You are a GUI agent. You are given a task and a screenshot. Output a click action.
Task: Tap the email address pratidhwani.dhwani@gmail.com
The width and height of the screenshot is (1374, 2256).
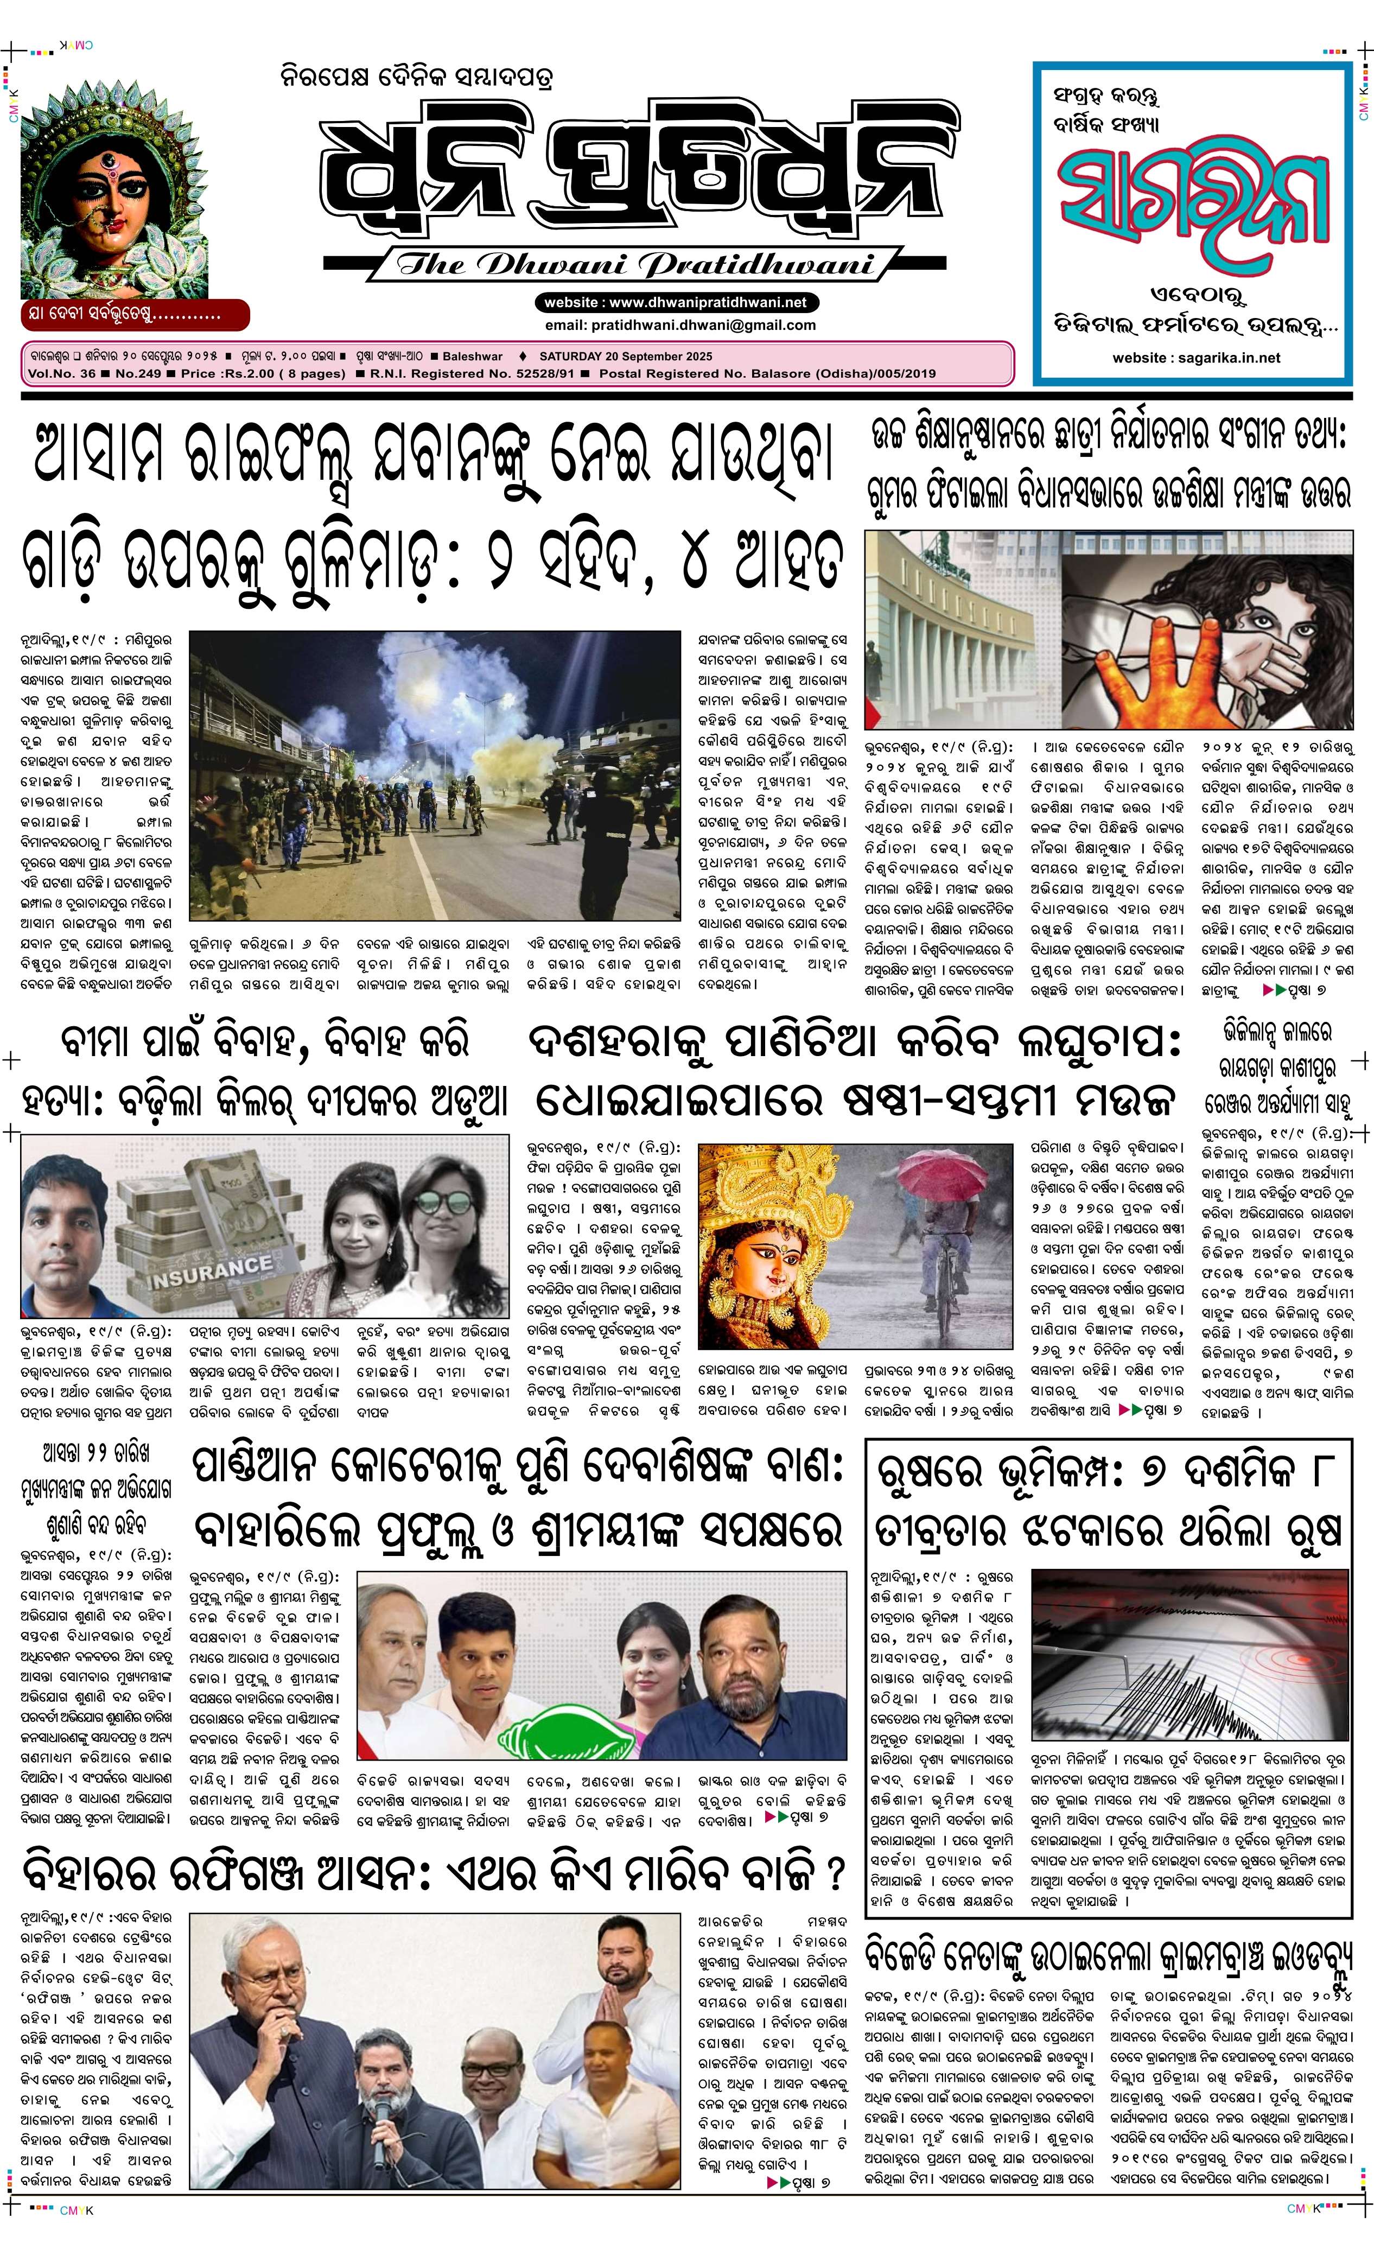679,325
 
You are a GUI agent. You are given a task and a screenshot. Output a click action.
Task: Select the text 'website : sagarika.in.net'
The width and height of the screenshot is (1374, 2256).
1195,358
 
